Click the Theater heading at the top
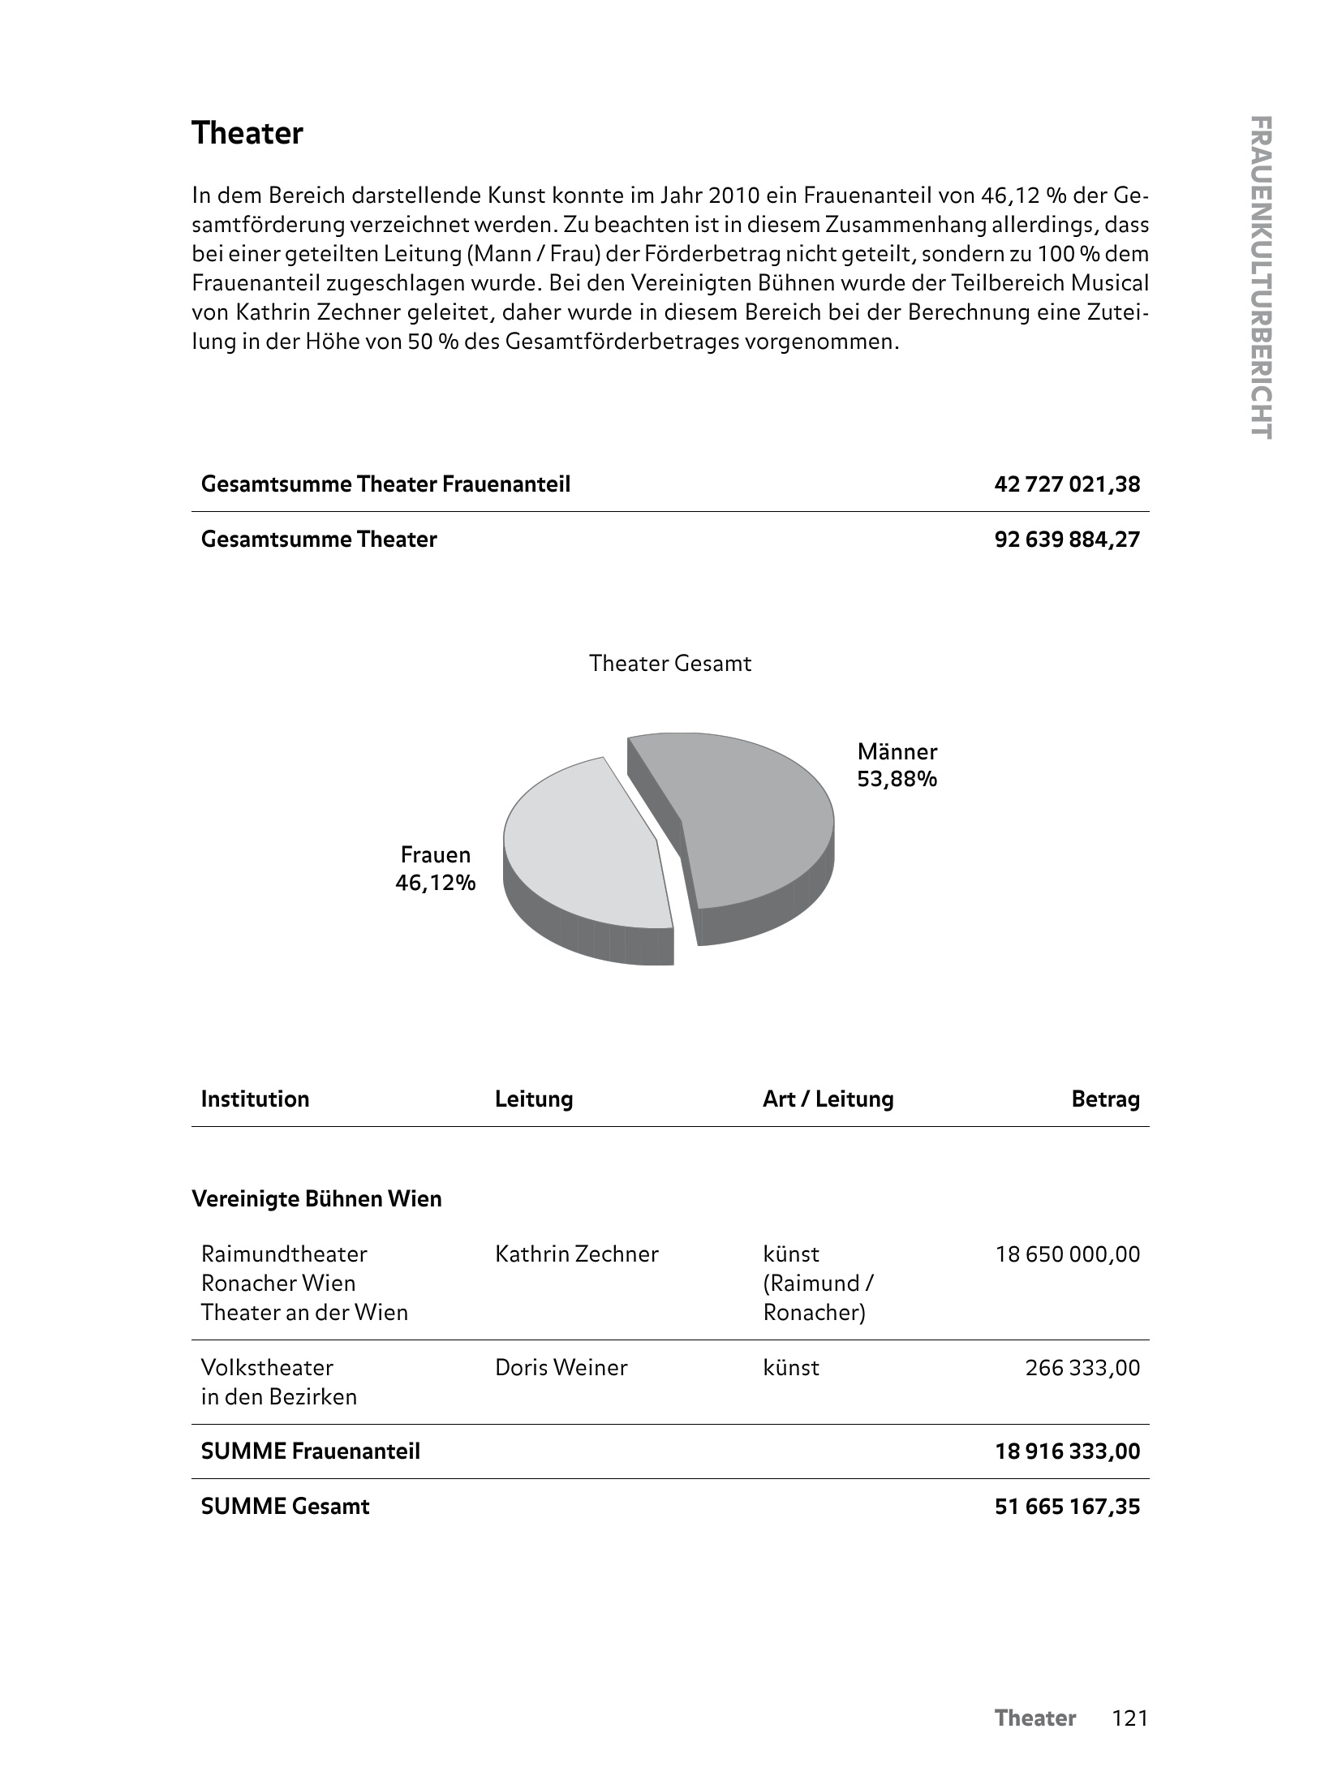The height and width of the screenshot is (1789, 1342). coord(247,134)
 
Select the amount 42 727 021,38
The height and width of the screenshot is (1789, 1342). coord(1066,484)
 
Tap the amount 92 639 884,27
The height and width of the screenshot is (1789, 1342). coord(1066,540)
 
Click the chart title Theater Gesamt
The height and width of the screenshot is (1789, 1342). coord(670,664)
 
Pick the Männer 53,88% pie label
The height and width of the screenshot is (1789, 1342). coord(897,765)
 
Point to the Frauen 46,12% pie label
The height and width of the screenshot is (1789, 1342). coord(436,868)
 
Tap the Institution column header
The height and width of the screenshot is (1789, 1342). coord(255,1099)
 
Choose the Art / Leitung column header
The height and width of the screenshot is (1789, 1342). coord(828,1099)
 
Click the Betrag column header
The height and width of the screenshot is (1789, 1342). coord(1105,1099)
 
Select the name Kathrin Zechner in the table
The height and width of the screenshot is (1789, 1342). coord(576,1254)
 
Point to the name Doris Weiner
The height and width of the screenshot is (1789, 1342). coord(561,1368)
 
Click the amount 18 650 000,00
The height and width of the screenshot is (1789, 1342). coord(1067,1254)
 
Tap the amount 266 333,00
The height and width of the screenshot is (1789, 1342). coord(1082,1368)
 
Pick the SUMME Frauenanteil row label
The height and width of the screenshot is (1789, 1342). coord(310,1451)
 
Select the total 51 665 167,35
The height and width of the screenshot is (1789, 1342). coord(1067,1507)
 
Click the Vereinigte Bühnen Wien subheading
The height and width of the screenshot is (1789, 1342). coord(316,1199)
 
